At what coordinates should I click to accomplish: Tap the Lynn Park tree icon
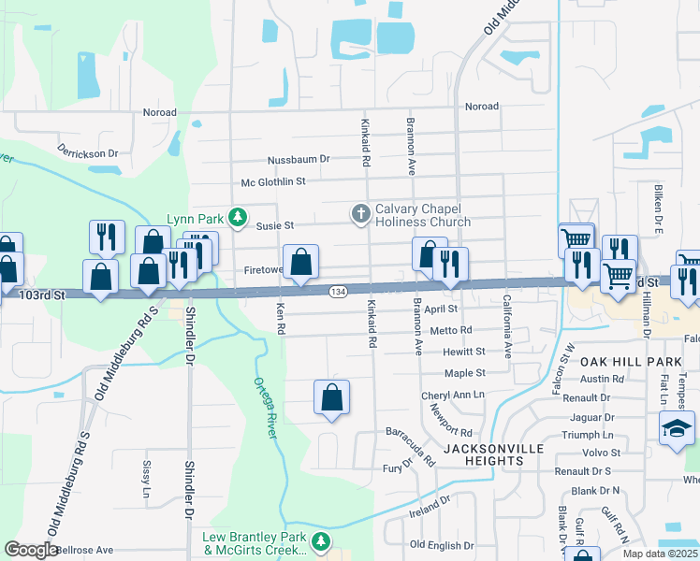click(238, 219)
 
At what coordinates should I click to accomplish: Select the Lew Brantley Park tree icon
click(321, 541)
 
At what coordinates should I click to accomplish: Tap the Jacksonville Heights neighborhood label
click(493, 454)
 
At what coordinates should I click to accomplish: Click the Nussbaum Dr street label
click(299, 159)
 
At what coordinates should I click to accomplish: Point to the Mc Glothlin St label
click(273, 182)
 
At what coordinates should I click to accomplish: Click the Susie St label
click(275, 225)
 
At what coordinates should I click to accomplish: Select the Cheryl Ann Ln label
click(453, 395)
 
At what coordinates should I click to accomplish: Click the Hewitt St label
click(465, 352)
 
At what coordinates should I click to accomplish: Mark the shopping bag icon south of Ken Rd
click(332, 397)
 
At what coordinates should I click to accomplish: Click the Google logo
click(31, 550)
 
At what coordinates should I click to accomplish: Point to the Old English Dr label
click(444, 544)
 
